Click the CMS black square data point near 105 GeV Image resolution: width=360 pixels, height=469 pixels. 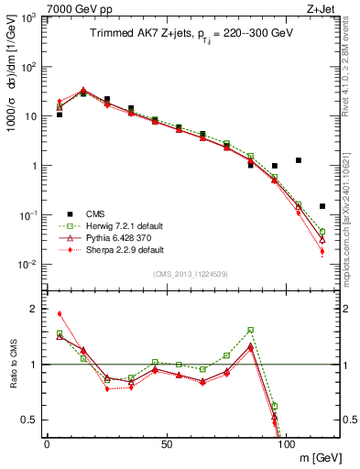pyautogui.click(x=299, y=160)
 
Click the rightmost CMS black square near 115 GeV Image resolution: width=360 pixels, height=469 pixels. pyautogui.click(x=322, y=206)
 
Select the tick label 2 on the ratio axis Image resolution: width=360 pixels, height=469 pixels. pyautogui.click(x=33, y=309)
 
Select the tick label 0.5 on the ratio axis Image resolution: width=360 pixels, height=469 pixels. pyautogui.click(x=29, y=420)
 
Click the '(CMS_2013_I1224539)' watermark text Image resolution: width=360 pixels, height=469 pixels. pyautogui.click(x=191, y=273)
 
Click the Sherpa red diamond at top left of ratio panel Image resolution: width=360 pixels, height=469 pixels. pyautogui.click(x=60, y=313)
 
